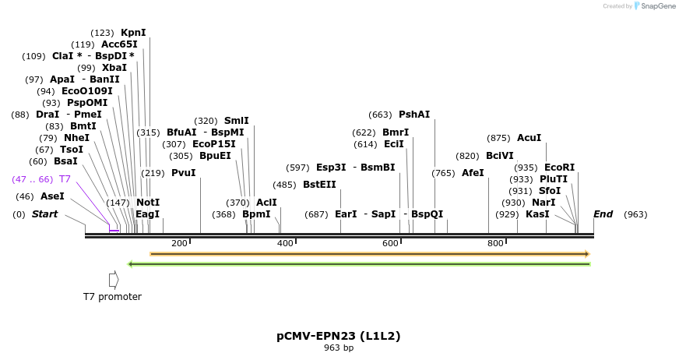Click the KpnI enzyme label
tap(133, 33)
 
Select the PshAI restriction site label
tap(414, 115)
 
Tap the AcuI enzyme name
tap(529, 138)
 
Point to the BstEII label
tap(319, 185)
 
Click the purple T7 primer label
tap(65, 179)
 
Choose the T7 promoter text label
tap(113, 297)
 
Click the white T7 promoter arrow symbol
tap(114, 279)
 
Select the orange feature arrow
tap(370, 254)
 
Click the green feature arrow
tap(359, 264)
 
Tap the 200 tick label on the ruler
tap(179, 243)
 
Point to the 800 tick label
tap(495, 243)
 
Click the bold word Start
tap(44, 214)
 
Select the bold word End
tap(603, 214)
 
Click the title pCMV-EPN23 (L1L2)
tap(339, 337)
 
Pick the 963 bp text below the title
tap(339, 348)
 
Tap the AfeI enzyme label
tap(473, 173)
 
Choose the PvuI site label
tap(184, 173)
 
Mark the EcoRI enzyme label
tap(559, 168)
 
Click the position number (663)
tap(381, 115)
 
